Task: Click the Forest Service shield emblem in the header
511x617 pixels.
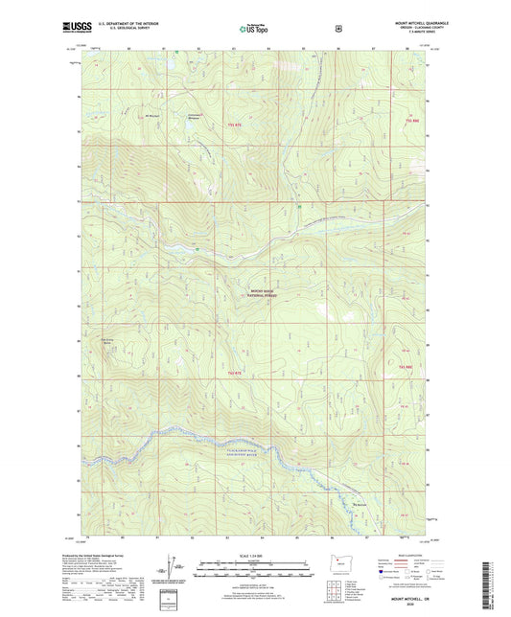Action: click(x=338, y=28)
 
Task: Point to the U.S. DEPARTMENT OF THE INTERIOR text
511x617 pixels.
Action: click(x=139, y=21)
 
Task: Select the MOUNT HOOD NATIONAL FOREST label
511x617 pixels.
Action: click(x=262, y=295)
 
